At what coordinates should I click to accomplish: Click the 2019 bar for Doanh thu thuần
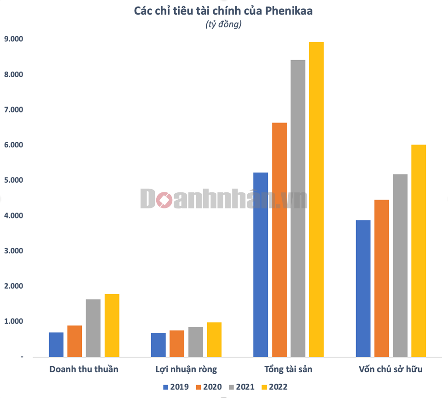coord(56,344)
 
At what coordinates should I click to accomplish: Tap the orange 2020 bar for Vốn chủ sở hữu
coord(381,278)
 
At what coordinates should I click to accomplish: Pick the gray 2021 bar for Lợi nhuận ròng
coord(195,342)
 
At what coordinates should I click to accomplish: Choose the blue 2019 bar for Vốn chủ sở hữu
coord(363,288)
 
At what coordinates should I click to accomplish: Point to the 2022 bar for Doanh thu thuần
coord(112,325)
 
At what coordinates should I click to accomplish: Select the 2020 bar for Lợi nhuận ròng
coord(177,343)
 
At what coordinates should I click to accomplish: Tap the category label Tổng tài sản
coord(289,369)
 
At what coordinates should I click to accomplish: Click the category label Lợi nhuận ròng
coord(186,369)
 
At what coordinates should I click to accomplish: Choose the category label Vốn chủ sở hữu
coord(391,369)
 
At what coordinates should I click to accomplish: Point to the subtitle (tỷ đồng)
coord(223,25)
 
